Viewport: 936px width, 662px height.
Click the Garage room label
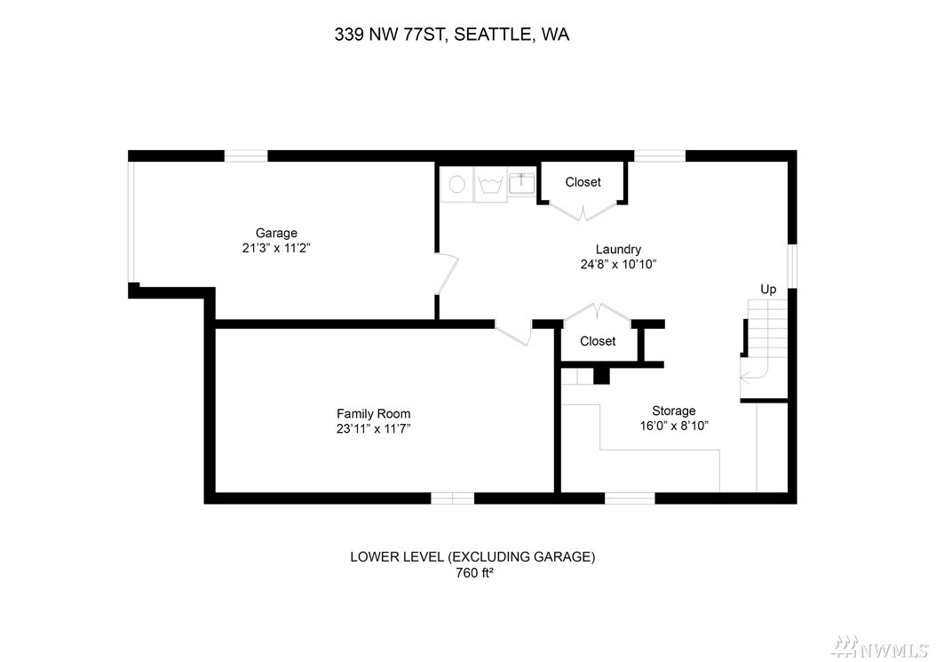[x=276, y=233]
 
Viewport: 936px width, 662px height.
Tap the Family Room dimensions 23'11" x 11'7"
[x=374, y=428]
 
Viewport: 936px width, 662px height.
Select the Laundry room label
[x=618, y=250]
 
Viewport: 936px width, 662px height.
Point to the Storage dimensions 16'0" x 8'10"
[x=674, y=426]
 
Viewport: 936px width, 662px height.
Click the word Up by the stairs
[x=768, y=290]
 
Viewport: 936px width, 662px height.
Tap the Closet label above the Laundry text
[x=583, y=182]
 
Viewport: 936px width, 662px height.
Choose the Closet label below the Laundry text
[x=598, y=341]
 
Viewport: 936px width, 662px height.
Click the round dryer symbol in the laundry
[x=457, y=185]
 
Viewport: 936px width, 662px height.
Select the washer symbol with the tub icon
[x=491, y=185]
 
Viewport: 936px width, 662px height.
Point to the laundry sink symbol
[x=521, y=182]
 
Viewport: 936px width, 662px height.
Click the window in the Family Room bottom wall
[x=453, y=498]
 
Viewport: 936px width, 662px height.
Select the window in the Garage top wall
[x=246, y=156]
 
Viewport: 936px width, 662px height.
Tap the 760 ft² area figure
[x=474, y=573]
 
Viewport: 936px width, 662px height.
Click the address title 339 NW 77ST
[x=390, y=35]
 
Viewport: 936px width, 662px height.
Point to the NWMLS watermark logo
[x=882, y=645]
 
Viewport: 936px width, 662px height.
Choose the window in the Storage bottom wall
[x=630, y=498]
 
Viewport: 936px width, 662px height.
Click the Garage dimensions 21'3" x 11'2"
[x=276, y=248]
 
